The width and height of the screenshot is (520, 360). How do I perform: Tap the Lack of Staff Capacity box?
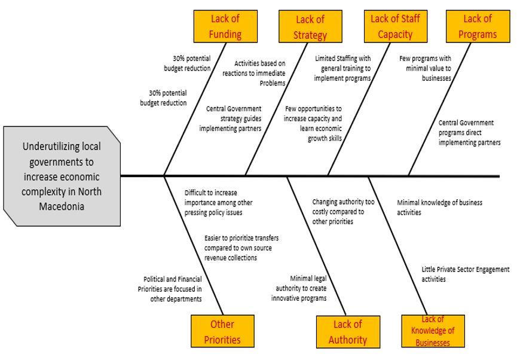coord(395,27)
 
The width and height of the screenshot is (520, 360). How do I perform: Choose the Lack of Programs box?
coord(478,27)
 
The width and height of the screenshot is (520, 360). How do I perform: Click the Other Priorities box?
coord(222,332)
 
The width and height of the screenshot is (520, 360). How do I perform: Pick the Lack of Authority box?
coord(347,332)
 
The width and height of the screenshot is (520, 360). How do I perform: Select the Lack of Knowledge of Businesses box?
coord(433,331)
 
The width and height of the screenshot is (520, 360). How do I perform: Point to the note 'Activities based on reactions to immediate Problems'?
coord(254,73)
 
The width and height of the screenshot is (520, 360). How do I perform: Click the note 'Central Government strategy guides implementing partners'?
coord(231,118)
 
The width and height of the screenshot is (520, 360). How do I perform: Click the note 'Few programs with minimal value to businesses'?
coord(425,68)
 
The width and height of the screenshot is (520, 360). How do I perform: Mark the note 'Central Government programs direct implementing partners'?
coord(469,133)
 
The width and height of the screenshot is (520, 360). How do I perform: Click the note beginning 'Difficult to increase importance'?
coord(214,203)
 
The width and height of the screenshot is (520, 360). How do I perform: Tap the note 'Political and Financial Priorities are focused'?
coord(170,289)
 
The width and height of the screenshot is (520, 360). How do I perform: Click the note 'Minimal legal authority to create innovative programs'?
coord(299,288)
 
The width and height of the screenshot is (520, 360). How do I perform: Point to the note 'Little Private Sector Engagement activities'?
coord(465,274)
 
